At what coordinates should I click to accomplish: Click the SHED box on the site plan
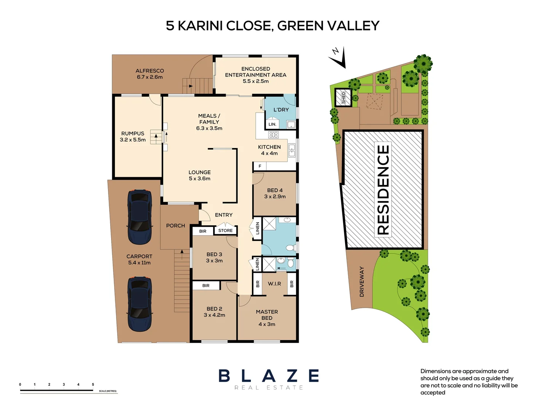point(343,97)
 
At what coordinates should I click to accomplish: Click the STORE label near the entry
point(225,231)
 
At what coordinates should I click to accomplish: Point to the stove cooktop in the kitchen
point(273,135)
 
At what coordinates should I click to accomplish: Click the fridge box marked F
point(260,166)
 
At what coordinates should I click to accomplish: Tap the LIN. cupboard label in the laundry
point(272,124)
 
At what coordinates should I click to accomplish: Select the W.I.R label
point(274,284)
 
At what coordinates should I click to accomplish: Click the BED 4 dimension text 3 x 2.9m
point(275,197)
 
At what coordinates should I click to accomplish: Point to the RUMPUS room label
point(133,134)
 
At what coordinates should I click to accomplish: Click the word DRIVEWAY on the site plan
point(362,282)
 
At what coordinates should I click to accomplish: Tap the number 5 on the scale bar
point(93,384)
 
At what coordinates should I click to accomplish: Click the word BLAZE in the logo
point(269,376)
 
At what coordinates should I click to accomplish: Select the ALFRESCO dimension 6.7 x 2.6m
point(150,77)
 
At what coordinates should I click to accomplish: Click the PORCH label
point(175,226)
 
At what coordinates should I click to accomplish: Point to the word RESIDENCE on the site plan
point(383,189)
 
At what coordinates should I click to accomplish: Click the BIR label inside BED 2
point(206,286)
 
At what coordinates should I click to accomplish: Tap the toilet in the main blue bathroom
point(291,248)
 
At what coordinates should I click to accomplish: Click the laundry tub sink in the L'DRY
point(291,124)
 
